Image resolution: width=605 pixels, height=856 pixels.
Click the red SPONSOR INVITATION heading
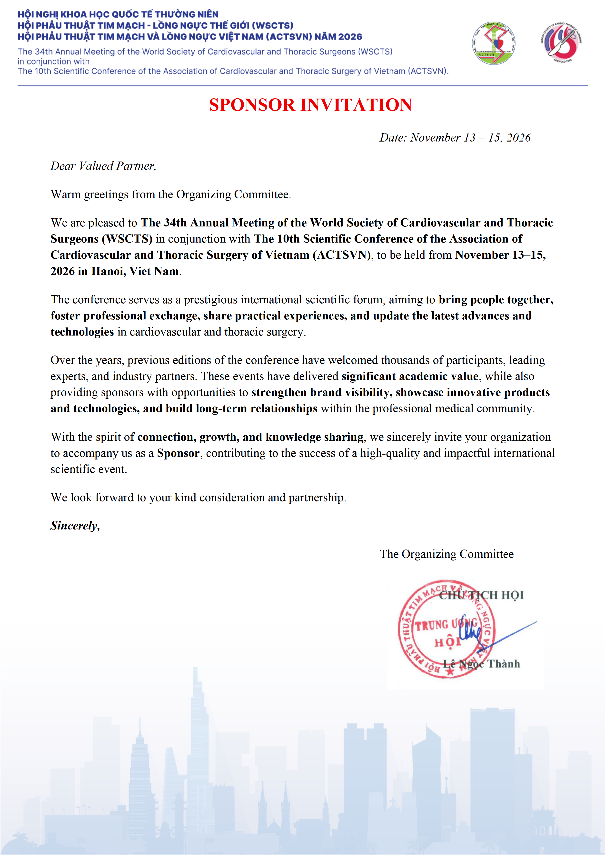click(x=310, y=105)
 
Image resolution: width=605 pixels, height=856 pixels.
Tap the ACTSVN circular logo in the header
click(x=494, y=43)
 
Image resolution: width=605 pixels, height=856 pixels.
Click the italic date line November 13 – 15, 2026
click(x=455, y=138)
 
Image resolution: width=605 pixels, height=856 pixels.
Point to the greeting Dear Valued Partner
click(x=103, y=166)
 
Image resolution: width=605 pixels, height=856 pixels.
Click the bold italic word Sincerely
click(x=75, y=526)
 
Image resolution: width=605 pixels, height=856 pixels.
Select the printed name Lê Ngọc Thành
click(x=481, y=664)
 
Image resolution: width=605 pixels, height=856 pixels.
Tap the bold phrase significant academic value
click(x=410, y=377)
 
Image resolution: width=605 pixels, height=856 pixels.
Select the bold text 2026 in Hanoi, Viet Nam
click(x=115, y=271)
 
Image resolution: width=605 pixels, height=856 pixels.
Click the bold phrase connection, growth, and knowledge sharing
click(x=250, y=437)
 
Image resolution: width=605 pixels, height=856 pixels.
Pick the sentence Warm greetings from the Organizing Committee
click(x=171, y=195)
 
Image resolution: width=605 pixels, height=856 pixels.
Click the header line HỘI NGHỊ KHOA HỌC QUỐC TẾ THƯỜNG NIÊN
click(x=118, y=15)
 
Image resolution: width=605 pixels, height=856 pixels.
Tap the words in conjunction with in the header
click(x=54, y=61)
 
